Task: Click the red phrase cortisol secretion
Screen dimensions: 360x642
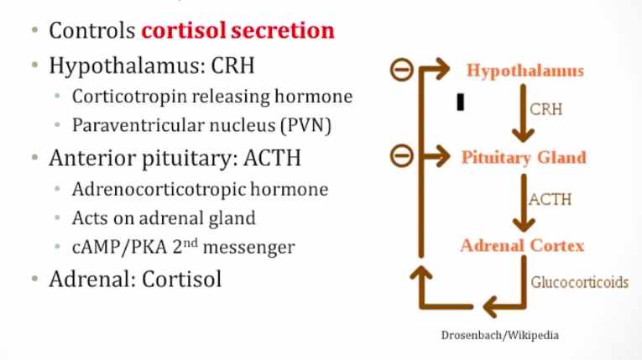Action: (x=237, y=31)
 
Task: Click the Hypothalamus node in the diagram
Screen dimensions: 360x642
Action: (x=525, y=70)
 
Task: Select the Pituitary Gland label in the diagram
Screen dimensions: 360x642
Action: (x=524, y=157)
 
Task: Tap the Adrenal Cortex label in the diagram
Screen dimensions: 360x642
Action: (x=522, y=246)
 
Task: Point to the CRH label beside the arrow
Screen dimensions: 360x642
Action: (x=546, y=109)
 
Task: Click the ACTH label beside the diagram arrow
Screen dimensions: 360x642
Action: (x=551, y=200)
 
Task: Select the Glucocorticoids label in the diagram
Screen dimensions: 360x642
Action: (x=579, y=282)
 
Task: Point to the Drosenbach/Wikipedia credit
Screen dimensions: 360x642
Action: (x=499, y=335)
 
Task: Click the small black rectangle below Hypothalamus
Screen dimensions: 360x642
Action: (x=460, y=102)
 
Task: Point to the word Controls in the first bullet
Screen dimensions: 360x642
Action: (x=91, y=31)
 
